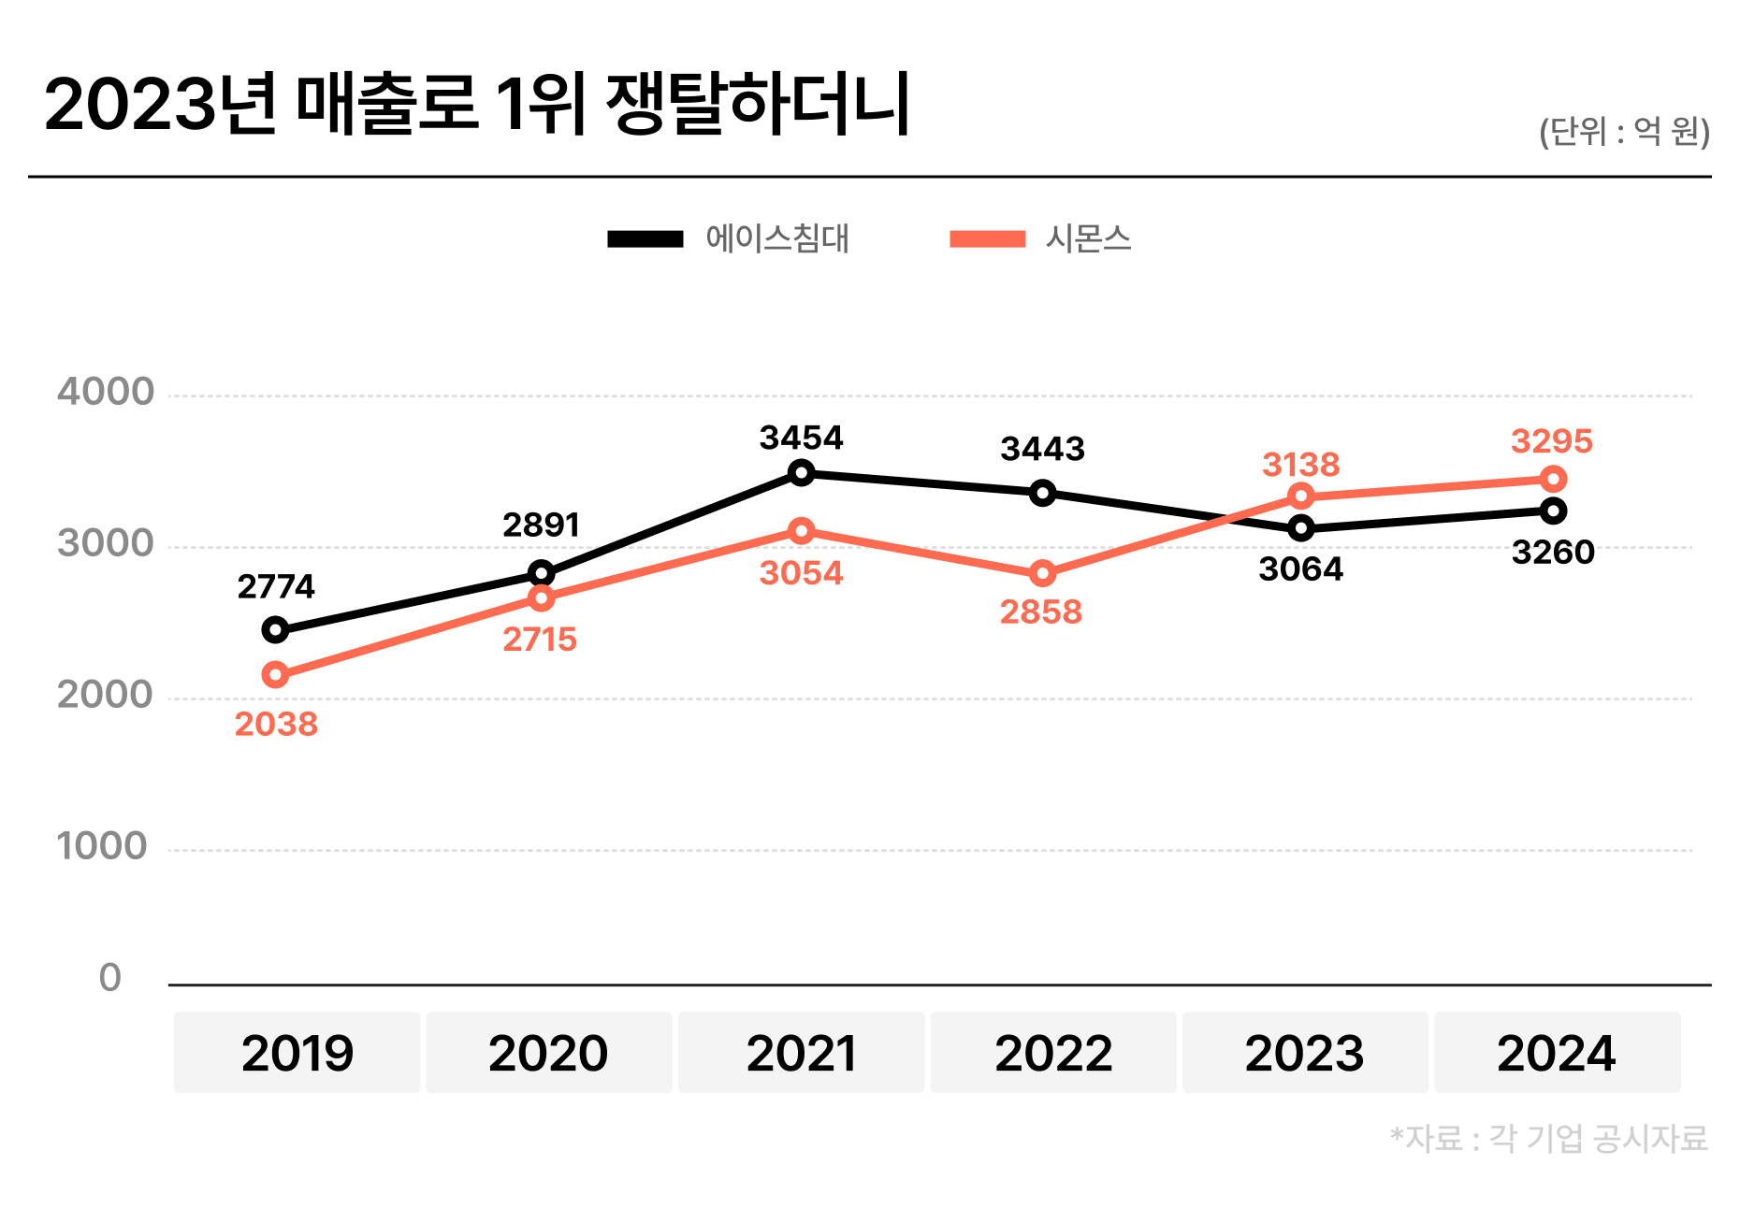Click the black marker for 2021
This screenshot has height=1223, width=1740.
pos(801,473)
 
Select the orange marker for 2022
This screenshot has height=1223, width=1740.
pos(1042,573)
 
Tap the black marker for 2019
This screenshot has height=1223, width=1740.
pos(275,629)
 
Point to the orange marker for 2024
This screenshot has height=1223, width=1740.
pos(1553,480)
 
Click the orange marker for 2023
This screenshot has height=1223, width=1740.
pos(1300,496)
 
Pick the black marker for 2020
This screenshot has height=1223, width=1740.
pos(541,573)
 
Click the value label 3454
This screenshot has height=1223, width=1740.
pos(801,438)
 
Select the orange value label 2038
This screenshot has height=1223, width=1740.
pos(276,724)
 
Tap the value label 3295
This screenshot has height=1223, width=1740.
pos(1551,441)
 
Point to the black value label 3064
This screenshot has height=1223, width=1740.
pos(1300,568)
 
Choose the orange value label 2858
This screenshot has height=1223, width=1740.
pos(1040,612)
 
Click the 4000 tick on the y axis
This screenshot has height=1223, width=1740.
pos(105,392)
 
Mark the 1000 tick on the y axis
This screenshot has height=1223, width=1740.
pos(102,846)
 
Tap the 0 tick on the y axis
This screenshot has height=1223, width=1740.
pos(110,978)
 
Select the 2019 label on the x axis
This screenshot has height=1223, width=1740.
pos(297,1054)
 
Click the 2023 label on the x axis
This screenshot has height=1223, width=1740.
pos(1304,1054)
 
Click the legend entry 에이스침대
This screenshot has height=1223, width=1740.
pos(776,238)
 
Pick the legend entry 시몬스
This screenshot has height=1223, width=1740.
pos(1088,238)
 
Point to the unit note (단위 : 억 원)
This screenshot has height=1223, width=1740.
pos(1624,132)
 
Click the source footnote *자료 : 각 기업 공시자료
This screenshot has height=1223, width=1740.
pos(1549,1139)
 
